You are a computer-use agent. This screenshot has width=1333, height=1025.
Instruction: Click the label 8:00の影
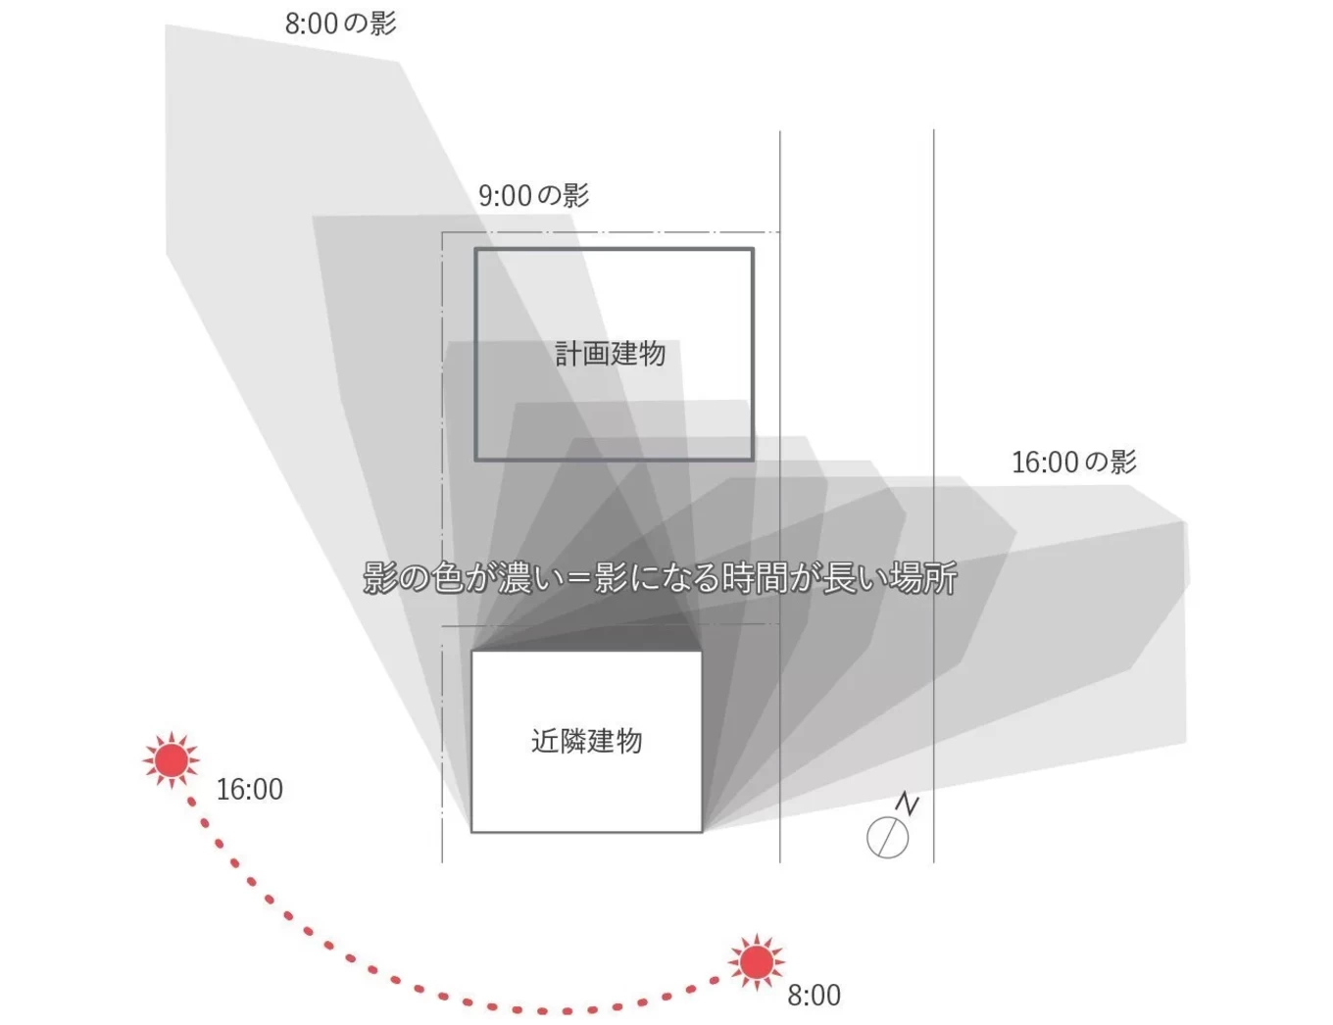pos(340,24)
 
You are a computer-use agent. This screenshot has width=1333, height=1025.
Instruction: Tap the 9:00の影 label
pos(533,195)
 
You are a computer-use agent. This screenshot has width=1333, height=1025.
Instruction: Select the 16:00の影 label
pos(1073,462)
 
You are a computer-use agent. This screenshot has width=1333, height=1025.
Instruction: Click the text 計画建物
pos(611,354)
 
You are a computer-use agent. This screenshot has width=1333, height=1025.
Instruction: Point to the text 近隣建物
pos(586,741)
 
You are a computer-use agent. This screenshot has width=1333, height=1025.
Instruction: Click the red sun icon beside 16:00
pos(172,760)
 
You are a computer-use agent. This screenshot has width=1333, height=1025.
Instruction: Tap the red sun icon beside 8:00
pos(756,962)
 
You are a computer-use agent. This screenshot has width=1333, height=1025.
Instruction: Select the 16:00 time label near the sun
pos(249,789)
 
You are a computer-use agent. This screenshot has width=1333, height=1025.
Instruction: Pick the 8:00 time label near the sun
pos(814,996)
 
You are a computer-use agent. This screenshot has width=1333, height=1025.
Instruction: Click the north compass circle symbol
pos(887,838)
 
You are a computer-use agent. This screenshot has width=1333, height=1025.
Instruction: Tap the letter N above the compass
pos(908,805)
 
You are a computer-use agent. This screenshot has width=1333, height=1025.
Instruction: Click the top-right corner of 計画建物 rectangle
pos(753,250)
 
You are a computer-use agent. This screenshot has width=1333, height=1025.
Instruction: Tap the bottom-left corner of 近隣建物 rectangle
pos(472,832)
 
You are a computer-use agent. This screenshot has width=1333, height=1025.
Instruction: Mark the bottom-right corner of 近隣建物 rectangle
pos(702,832)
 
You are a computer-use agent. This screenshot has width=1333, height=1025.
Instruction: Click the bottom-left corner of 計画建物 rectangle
pos(476,459)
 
